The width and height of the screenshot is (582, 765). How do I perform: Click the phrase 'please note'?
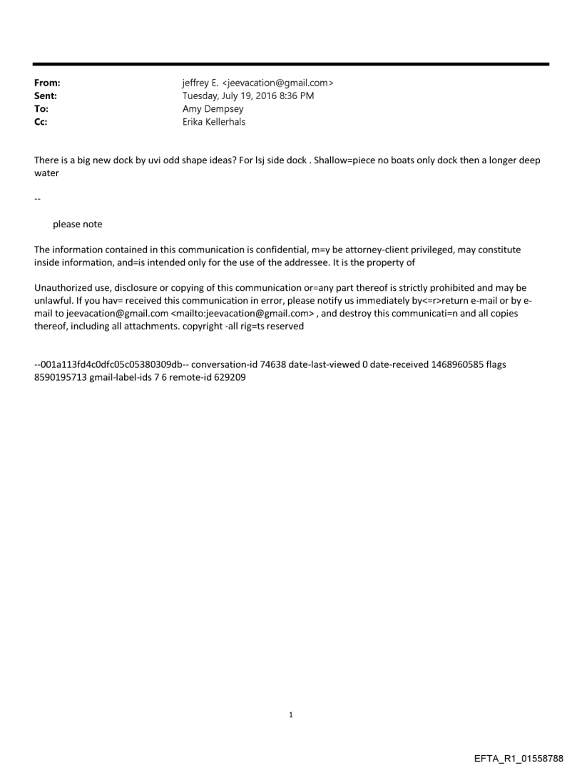(77, 225)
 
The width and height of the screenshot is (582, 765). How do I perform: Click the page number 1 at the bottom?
(291, 714)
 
